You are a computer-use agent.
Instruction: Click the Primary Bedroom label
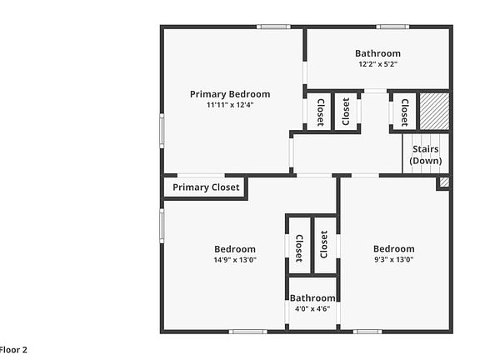230,94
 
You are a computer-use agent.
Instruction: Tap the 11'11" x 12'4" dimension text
230,105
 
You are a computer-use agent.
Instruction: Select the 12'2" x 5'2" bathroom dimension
377,63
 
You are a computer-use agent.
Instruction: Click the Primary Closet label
206,187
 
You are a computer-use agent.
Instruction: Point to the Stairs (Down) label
426,155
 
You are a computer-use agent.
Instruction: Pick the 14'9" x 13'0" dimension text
235,260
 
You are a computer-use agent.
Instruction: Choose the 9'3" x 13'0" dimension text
393,259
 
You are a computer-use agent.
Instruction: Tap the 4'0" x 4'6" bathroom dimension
312,308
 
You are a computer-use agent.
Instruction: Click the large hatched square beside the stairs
433,110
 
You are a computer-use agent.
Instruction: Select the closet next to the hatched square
404,110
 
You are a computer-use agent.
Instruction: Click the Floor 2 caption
13,350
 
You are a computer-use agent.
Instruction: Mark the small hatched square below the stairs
444,182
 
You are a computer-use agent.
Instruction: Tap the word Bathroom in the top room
377,53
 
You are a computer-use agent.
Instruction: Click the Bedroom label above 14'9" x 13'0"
235,249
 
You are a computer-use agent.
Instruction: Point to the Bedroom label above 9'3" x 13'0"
393,248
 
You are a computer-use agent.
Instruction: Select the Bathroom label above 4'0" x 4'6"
312,297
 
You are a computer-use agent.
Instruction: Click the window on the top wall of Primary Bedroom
273,27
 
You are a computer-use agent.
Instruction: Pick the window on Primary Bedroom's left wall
162,130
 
